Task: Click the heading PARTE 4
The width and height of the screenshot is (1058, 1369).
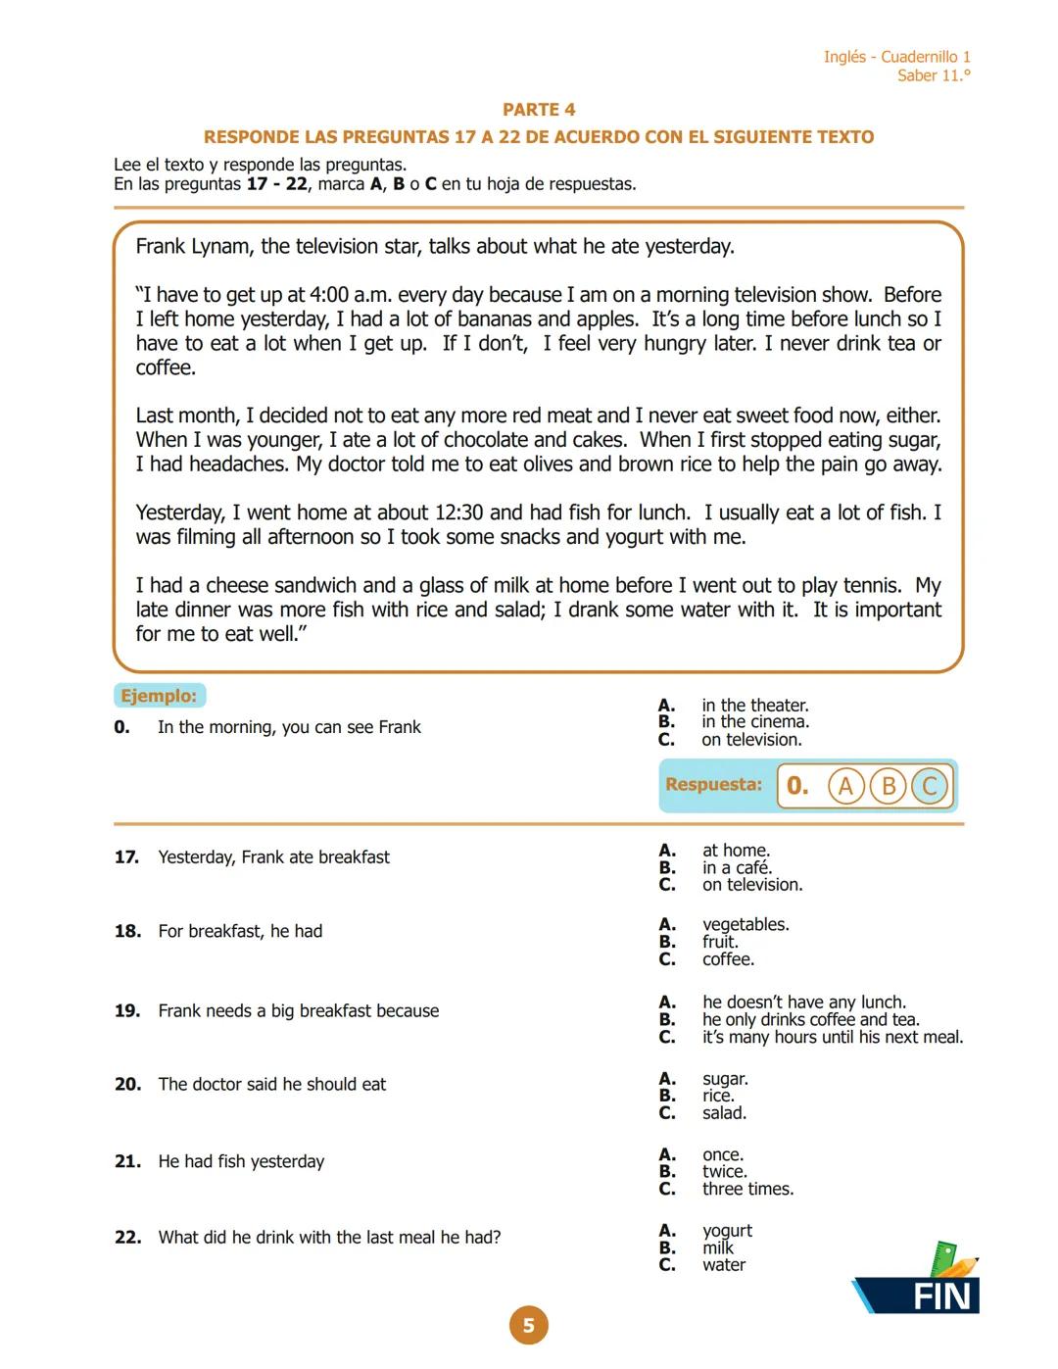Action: pos(538,110)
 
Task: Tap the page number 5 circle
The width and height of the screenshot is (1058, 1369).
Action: pos(528,1325)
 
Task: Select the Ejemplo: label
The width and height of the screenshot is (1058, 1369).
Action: pos(159,696)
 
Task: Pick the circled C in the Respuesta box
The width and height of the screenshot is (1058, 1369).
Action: pos(930,786)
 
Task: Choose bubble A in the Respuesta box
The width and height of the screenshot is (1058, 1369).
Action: pos(845,786)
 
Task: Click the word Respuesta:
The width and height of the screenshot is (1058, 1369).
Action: pos(713,784)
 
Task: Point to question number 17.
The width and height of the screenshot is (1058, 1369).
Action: pos(126,857)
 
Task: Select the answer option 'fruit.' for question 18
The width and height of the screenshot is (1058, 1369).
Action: pos(720,942)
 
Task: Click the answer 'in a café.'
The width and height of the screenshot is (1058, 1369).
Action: pos(737,867)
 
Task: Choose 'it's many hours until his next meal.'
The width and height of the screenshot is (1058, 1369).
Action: pos(832,1037)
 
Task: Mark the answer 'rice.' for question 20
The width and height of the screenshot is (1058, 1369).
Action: pos(718,1096)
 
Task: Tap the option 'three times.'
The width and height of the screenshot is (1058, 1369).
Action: pos(747,1189)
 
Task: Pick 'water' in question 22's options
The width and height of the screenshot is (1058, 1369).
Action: pos(723,1265)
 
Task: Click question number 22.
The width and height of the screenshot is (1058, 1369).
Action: pos(127,1238)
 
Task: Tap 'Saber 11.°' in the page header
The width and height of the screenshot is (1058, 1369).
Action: pos(934,75)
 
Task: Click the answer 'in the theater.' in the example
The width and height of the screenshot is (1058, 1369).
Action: pos(754,706)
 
